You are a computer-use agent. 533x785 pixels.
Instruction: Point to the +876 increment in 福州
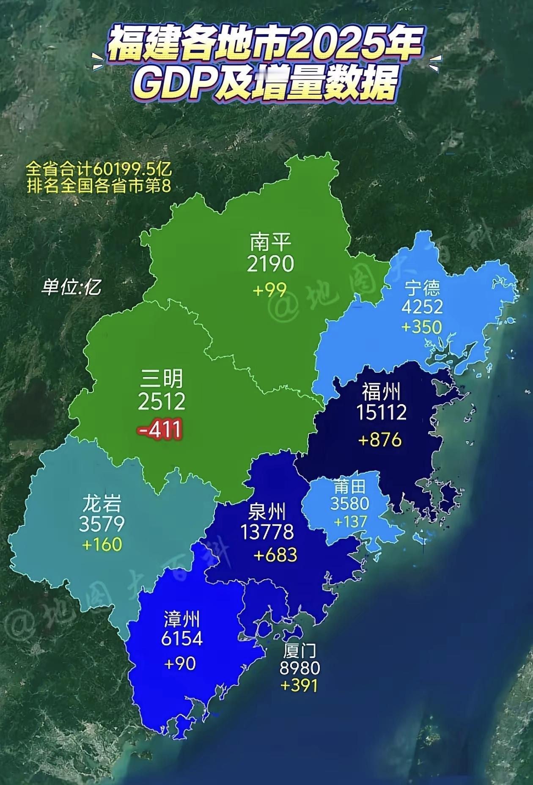(380, 440)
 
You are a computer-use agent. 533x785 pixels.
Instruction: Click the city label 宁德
(422, 288)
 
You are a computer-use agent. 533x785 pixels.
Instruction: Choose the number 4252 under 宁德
(422, 307)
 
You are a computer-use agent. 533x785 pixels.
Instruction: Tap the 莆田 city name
(349, 488)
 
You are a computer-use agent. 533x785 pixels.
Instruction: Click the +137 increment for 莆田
(350, 521)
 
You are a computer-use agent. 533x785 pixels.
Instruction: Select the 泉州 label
(268, 512)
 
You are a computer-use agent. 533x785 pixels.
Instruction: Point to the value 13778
(267, 532)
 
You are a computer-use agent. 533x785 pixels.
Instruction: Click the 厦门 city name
(300, 650)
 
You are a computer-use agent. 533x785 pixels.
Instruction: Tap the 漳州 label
(181, 620)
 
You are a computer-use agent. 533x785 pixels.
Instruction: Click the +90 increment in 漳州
(180, 663)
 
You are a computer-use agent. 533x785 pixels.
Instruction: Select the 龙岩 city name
(102, 504)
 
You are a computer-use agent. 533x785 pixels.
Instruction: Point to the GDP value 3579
(102, 524)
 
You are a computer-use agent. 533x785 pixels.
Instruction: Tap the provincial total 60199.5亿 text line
(99, 170)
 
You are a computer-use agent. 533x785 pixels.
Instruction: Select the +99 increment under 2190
(269, 290)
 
